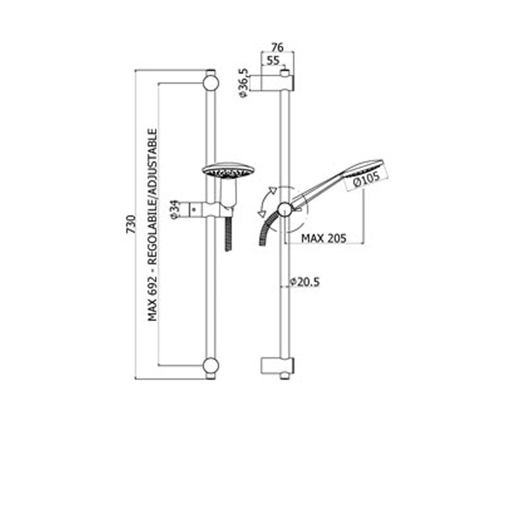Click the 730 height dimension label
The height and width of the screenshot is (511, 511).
pyautogui.click(x=131, y=224)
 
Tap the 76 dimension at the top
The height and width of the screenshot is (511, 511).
pyautogui.click(x=277, y=48)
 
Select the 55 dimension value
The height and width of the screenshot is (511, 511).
pyautogui.click(x=273, y=60)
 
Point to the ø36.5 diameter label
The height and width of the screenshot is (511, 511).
pyautogui.click(x=244, y=83)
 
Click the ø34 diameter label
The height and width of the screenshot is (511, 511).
pyautogui.click(x=175, y=210)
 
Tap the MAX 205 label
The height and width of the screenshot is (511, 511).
pyautogui.click(x=324, y=238)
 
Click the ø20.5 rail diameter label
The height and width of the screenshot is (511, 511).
pyautogui.click(x=305, y=282)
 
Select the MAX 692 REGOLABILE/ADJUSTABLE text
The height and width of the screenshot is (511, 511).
pyautogui.click(x=153, y=225)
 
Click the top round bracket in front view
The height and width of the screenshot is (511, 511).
pyautogui.click(x=211, y=83)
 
